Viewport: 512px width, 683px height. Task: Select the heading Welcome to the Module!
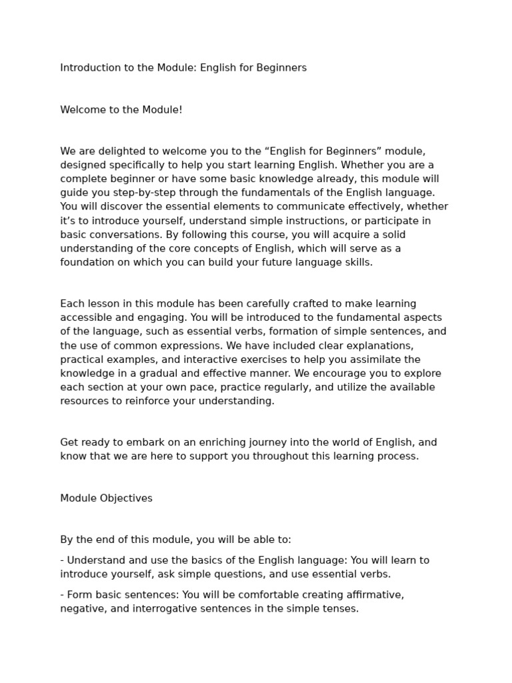(x=121, y=109)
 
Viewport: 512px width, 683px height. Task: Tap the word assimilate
(x=363, y=360)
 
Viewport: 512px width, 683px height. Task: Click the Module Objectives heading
(x=107, y=498)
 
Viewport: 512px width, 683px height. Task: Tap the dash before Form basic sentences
(x=62, y=594)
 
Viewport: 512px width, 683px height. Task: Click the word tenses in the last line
(x=341, y=608)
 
